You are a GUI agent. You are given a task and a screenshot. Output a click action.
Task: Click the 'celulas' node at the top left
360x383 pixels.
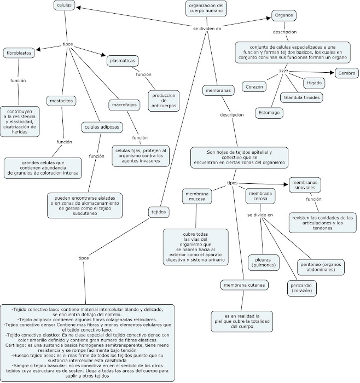(x=64, y=5)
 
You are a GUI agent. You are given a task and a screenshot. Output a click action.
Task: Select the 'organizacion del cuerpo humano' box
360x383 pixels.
(x=206, y=8)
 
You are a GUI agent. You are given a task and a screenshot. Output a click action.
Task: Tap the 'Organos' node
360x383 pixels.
(x=284, y=15)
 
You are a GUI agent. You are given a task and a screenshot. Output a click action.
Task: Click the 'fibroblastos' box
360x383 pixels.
(x=19, y=53)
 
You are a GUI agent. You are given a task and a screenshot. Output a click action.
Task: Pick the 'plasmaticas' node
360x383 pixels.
(x=123, y=61)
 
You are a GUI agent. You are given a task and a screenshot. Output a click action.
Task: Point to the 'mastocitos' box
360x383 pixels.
(x=61, y=101)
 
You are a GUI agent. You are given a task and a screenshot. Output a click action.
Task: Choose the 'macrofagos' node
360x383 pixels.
(x=124, y=105)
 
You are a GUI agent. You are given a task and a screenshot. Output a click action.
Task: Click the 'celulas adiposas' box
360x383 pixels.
(x=102, y=127)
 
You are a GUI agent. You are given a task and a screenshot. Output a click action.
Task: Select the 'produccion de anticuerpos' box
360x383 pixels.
(x=164, y=101)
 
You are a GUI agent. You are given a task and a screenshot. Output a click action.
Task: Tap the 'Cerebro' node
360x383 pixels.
(x=347, y=73)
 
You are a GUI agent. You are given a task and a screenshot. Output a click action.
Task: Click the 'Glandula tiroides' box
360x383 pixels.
(x=301, y=98)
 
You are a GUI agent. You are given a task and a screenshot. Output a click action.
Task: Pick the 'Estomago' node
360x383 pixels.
(x=269, y=113)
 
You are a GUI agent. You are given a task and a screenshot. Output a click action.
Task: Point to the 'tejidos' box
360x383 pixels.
(x=159, y=212)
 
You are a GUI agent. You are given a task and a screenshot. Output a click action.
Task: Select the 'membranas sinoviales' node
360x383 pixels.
(x=305, y=185)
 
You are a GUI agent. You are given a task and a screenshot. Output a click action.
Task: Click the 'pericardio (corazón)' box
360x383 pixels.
(x=301, y=288)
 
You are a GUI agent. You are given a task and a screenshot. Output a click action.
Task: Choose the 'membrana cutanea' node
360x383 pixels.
(x=244, y=285)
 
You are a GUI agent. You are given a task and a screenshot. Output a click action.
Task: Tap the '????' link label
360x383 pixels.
(x=283, y=72)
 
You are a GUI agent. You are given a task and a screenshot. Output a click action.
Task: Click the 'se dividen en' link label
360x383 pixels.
(x=207, y=28)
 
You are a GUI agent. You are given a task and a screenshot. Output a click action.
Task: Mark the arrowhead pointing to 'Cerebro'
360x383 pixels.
(x=332, y=73)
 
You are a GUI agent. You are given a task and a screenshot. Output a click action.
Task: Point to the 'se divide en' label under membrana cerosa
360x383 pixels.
(x=260, y=215)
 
